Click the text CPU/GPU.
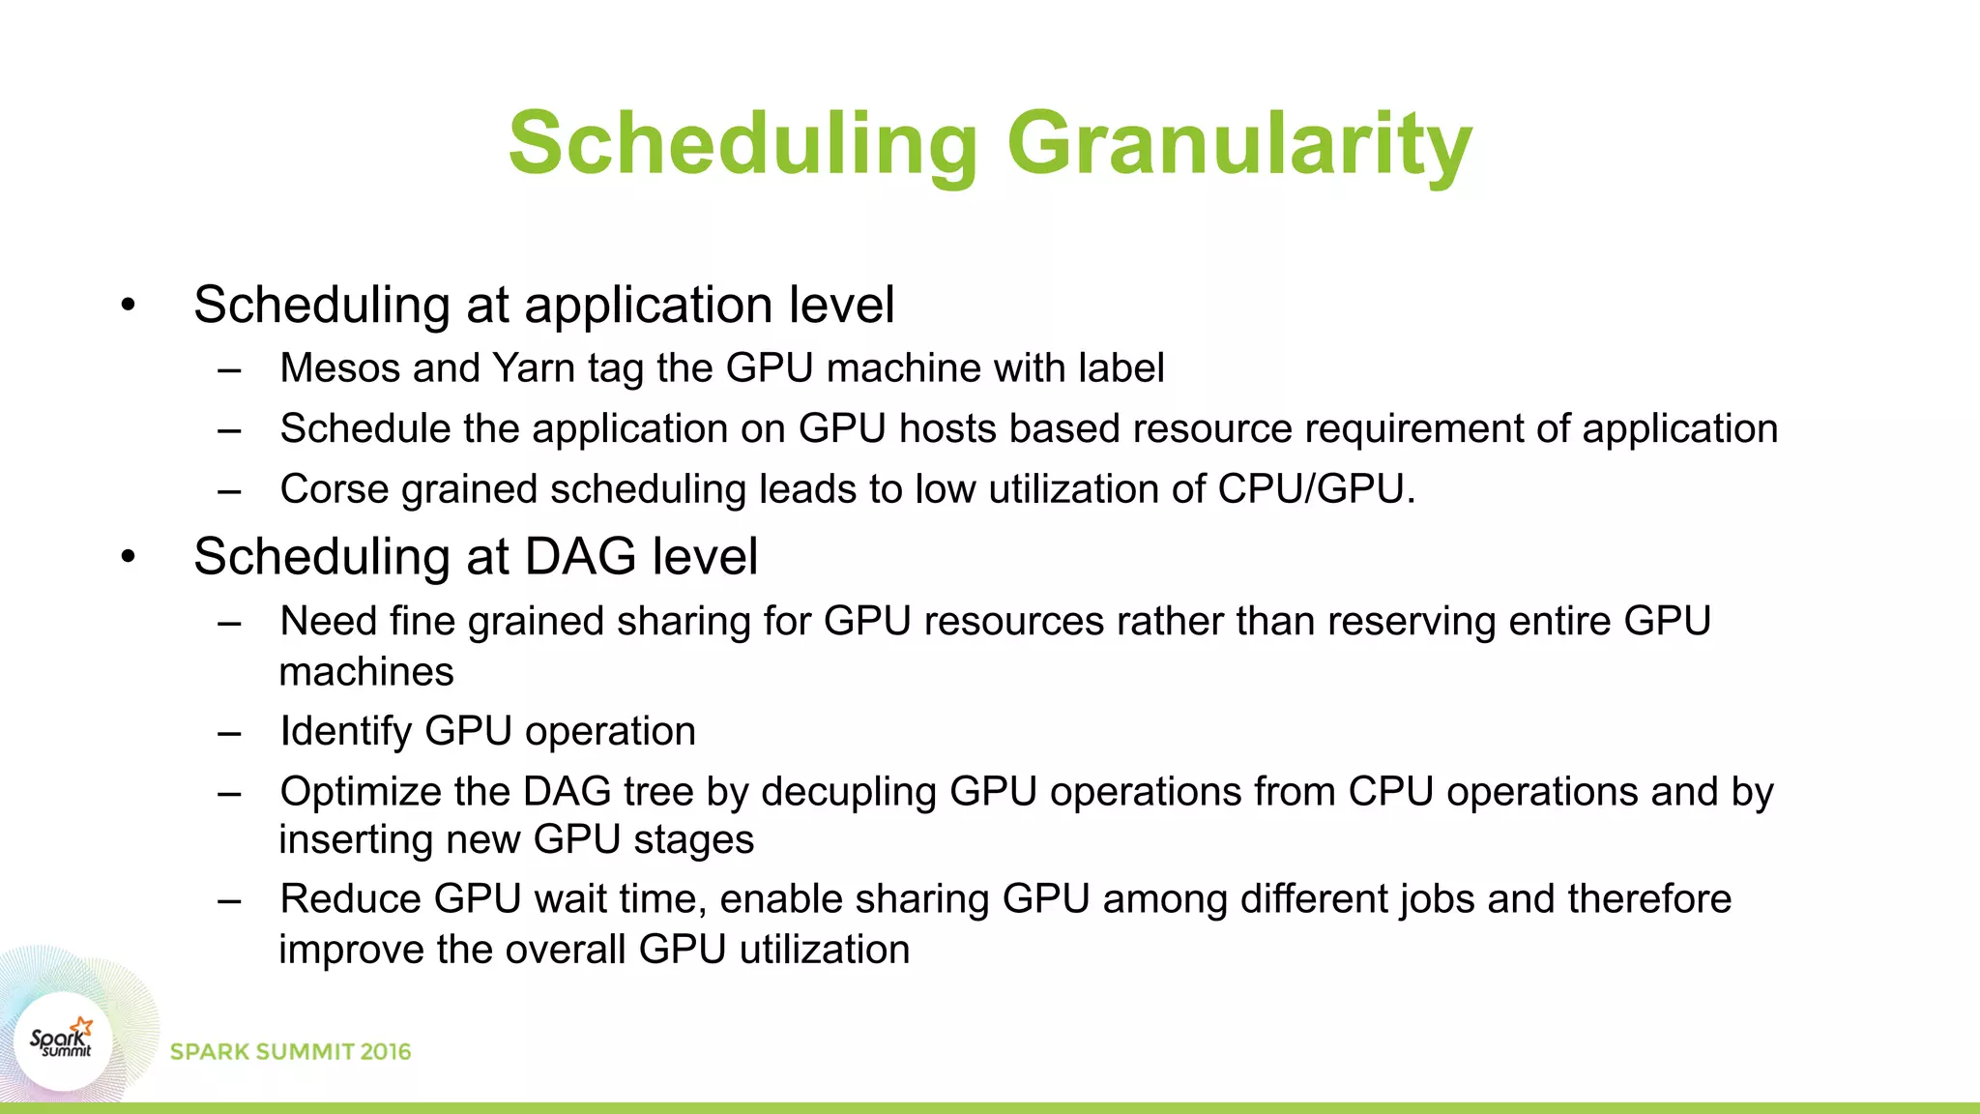coord(1315,489)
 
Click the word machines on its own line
coord(365,672)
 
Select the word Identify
coord(345,732)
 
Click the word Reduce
coord(350,899)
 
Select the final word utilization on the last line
coord(825,950)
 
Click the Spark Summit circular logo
coord(62,1041)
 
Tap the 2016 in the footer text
coord(386,1052)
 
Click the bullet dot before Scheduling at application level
coord(128,306)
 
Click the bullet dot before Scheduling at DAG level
coord(128,558)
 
